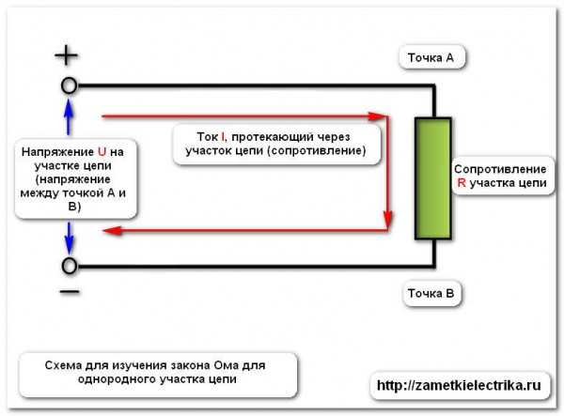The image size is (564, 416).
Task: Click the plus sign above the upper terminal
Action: coord(67,55)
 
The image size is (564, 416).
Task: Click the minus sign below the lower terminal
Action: coord(69,292)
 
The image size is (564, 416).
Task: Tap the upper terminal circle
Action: coord(69,85)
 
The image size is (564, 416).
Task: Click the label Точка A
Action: coord(431,58)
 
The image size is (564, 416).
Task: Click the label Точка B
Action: coord(431,295)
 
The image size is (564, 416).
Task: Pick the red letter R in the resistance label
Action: coord(461,184)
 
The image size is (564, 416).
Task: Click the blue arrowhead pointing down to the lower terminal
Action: coord(69,246)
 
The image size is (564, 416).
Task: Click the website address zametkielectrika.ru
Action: coord(459,386)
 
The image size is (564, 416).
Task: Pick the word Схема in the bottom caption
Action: coord(64,365)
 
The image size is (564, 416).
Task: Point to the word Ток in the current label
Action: coord(207,136)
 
